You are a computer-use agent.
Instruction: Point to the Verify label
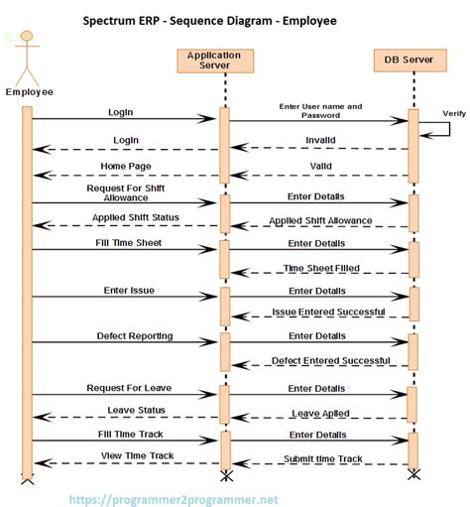point(454,114)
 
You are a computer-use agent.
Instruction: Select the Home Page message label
point(124,166)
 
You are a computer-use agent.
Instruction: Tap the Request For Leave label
point(124,388)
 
